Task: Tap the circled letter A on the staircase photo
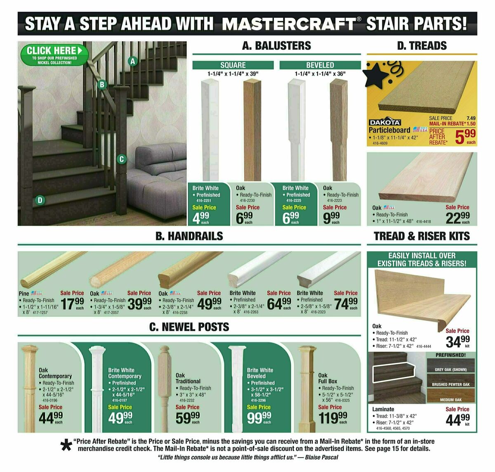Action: (x=132, y=62)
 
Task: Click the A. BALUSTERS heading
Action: (x=276, y=45)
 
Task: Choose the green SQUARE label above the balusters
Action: (x=233, y=65)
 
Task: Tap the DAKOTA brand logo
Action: (x=384, y=123)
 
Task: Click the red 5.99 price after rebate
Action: (x=465, y=136)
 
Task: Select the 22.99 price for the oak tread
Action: (x=457, y=217)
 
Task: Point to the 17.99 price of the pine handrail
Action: (x=72, y=304)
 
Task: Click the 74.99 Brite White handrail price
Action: (x=346, y=304)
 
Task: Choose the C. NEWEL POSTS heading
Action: (x=189, y=327)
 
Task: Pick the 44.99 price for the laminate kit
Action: (x=457, y=419)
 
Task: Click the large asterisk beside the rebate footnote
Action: (x=66, y=445)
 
